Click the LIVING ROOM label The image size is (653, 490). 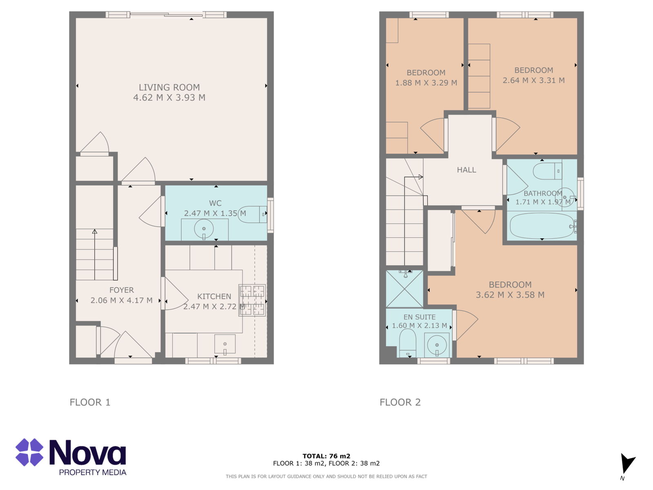point(169,87)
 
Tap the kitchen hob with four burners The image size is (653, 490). point(252,300)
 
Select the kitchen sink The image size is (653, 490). point(225,344)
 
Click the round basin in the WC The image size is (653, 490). point(204,229)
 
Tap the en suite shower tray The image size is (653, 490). point(404,289)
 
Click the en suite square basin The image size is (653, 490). point(437,345)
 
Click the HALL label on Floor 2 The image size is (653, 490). point(466,170)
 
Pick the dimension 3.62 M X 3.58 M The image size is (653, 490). point(510,295)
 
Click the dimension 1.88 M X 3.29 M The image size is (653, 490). point(426,83)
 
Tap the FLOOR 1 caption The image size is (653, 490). point(90,402)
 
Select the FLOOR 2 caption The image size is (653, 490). point(400,402)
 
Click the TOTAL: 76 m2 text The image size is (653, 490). point(326,456)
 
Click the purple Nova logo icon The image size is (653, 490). point(29,452)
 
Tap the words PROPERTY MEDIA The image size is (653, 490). point(93,472)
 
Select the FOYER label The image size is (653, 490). point(121,290)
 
